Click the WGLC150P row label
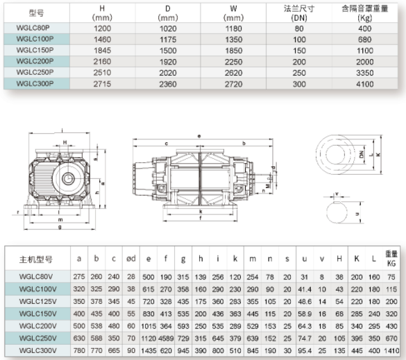point(35,50)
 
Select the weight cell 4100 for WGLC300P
point(365,84)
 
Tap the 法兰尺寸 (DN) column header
point(299,13)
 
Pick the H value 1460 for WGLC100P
point(102,40)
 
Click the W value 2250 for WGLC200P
point(234,62)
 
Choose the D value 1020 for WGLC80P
point(168,28)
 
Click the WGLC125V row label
point(37,302)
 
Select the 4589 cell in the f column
point(166,338)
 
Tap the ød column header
point(131,259)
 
